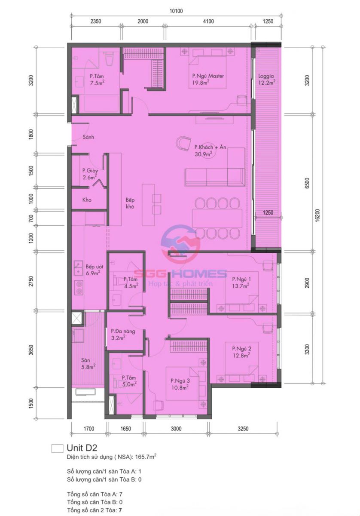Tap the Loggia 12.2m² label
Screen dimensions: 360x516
(266, 79)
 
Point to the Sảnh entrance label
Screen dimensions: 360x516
(88, 137)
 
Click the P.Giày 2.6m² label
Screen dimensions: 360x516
(90, 174)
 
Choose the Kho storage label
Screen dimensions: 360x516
(87, 200)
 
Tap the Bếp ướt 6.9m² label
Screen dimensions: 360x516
(94, 270)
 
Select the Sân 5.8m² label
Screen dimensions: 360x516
(88, 363)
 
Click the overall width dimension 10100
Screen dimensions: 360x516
(176, 11)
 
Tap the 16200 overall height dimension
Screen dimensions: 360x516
(317, 215)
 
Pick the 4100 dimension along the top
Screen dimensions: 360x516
(208, 21)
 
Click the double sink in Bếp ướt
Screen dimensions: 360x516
(78, 268)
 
